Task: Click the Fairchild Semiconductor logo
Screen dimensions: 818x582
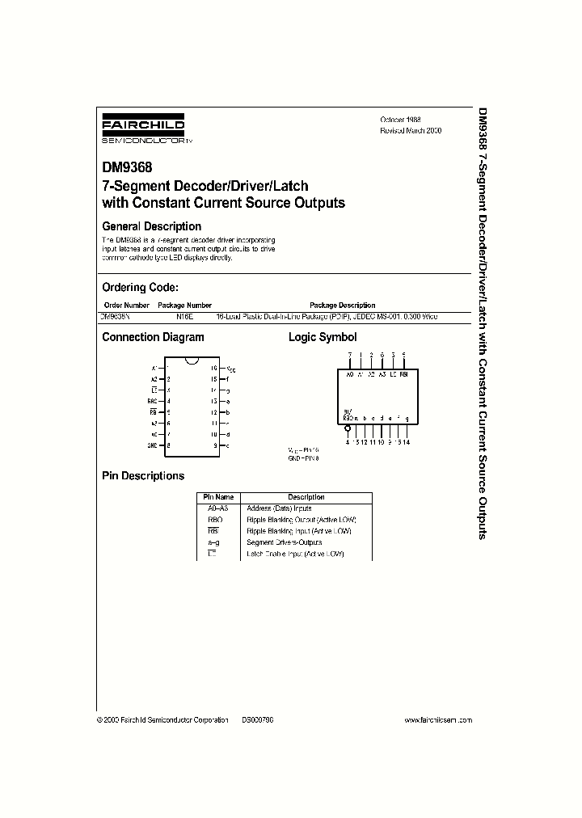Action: coord(142,129)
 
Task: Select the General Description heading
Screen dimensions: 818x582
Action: coord(151,226)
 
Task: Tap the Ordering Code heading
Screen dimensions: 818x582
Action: coord(140,287)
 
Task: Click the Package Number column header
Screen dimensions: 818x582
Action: coord(182,306)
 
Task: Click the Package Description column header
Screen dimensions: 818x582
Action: coord(343,306)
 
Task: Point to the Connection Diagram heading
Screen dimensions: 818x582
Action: coord(152,337)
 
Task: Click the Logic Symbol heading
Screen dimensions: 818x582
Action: coord(323,337)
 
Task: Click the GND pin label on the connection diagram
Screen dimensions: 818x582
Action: coord(152,445)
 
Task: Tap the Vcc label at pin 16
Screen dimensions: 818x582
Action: coord(230,369)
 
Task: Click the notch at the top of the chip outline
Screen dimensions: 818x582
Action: coord(193,360)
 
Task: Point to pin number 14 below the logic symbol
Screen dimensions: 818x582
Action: coord(405,441)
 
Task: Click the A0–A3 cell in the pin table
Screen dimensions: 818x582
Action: coord(218,508)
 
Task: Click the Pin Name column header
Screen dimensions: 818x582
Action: coord(218,497)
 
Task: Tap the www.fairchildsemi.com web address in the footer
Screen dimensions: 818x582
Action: coord(437,719)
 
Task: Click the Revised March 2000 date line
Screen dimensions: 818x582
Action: coord(411,130)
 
